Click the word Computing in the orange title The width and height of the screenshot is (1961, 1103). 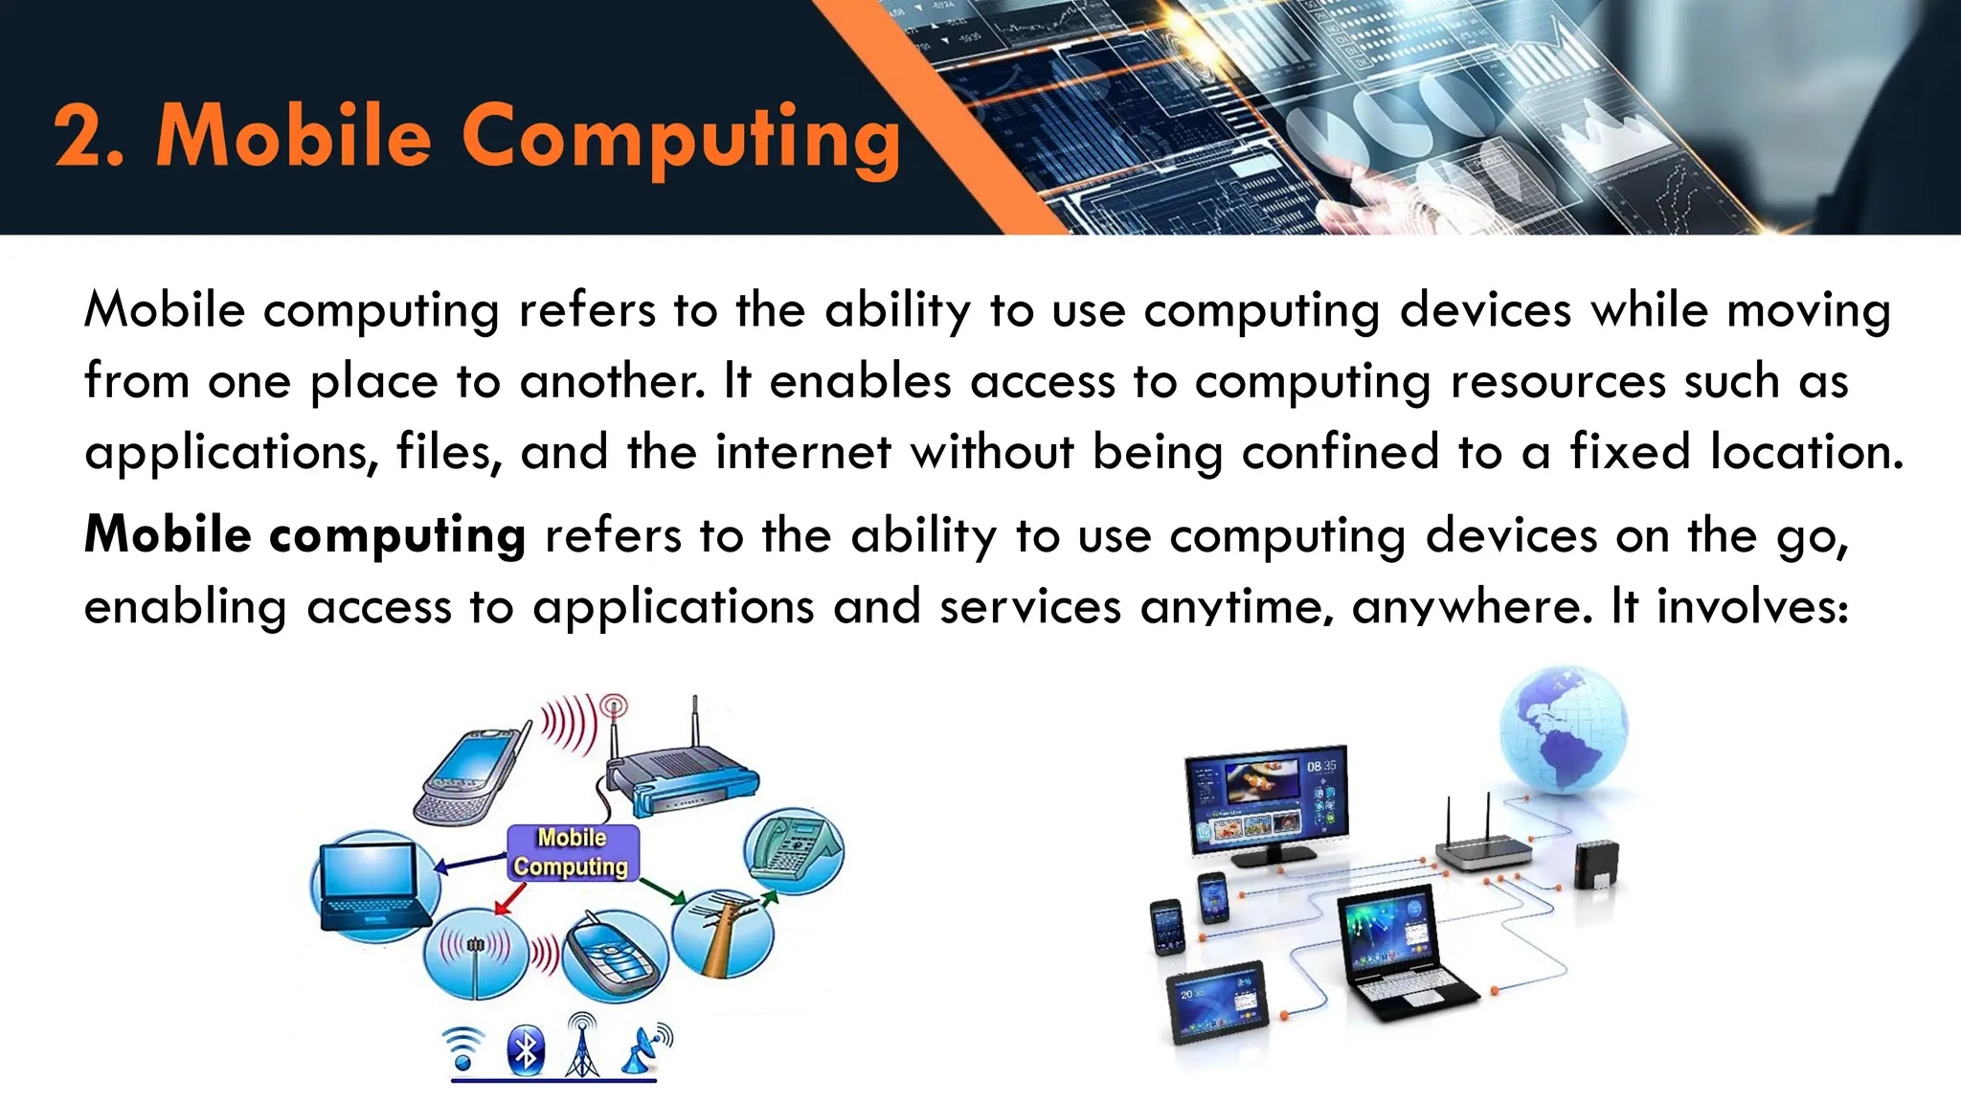click(681, 139)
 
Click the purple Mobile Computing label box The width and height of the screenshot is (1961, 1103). click(572, 852)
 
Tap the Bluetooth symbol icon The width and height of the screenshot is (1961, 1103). click(526, 1050)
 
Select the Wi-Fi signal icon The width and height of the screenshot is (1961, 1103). click(463, 1048)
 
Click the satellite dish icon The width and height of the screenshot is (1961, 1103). click(647, 1048)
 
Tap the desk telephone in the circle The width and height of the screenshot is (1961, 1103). click(794, 849)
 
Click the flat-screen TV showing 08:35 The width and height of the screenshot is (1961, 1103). click(1266, 801)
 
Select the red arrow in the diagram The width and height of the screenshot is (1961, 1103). click(509, 900)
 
